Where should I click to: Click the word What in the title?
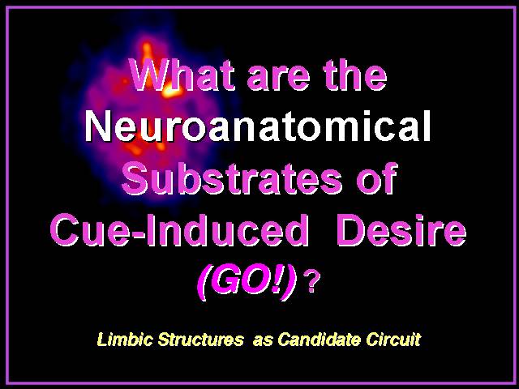coord(183,75)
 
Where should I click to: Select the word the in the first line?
coord(355,75)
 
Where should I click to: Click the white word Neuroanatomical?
coord(259,126)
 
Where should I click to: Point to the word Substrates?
coord(232,177)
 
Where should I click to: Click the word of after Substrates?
coord(376,177)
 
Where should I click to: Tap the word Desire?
coord(401,229)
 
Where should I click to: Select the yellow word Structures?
coord(200,340)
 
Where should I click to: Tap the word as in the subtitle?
coord(263,341)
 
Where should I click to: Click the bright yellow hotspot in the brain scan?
coord(171,90)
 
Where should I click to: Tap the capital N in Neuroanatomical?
coord(98,126)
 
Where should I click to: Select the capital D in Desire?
coord(350,229)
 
